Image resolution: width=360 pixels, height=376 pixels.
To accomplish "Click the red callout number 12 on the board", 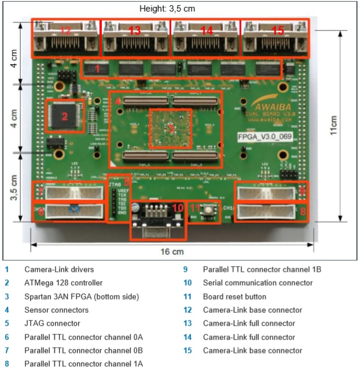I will coord(65,30).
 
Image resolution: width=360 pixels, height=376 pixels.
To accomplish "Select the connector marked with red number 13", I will coord(135,36).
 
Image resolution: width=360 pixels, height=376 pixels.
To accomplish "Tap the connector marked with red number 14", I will coord(205,36).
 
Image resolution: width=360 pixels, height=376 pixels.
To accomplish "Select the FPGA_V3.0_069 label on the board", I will coord(265,137).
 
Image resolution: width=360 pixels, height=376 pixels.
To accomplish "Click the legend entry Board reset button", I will coord(234,297).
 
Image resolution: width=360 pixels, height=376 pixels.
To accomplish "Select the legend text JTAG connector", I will coord(52,323).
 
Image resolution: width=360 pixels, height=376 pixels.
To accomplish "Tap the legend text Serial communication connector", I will coord(258,283).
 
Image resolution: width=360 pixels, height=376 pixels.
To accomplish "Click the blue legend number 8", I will coord(6,364).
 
